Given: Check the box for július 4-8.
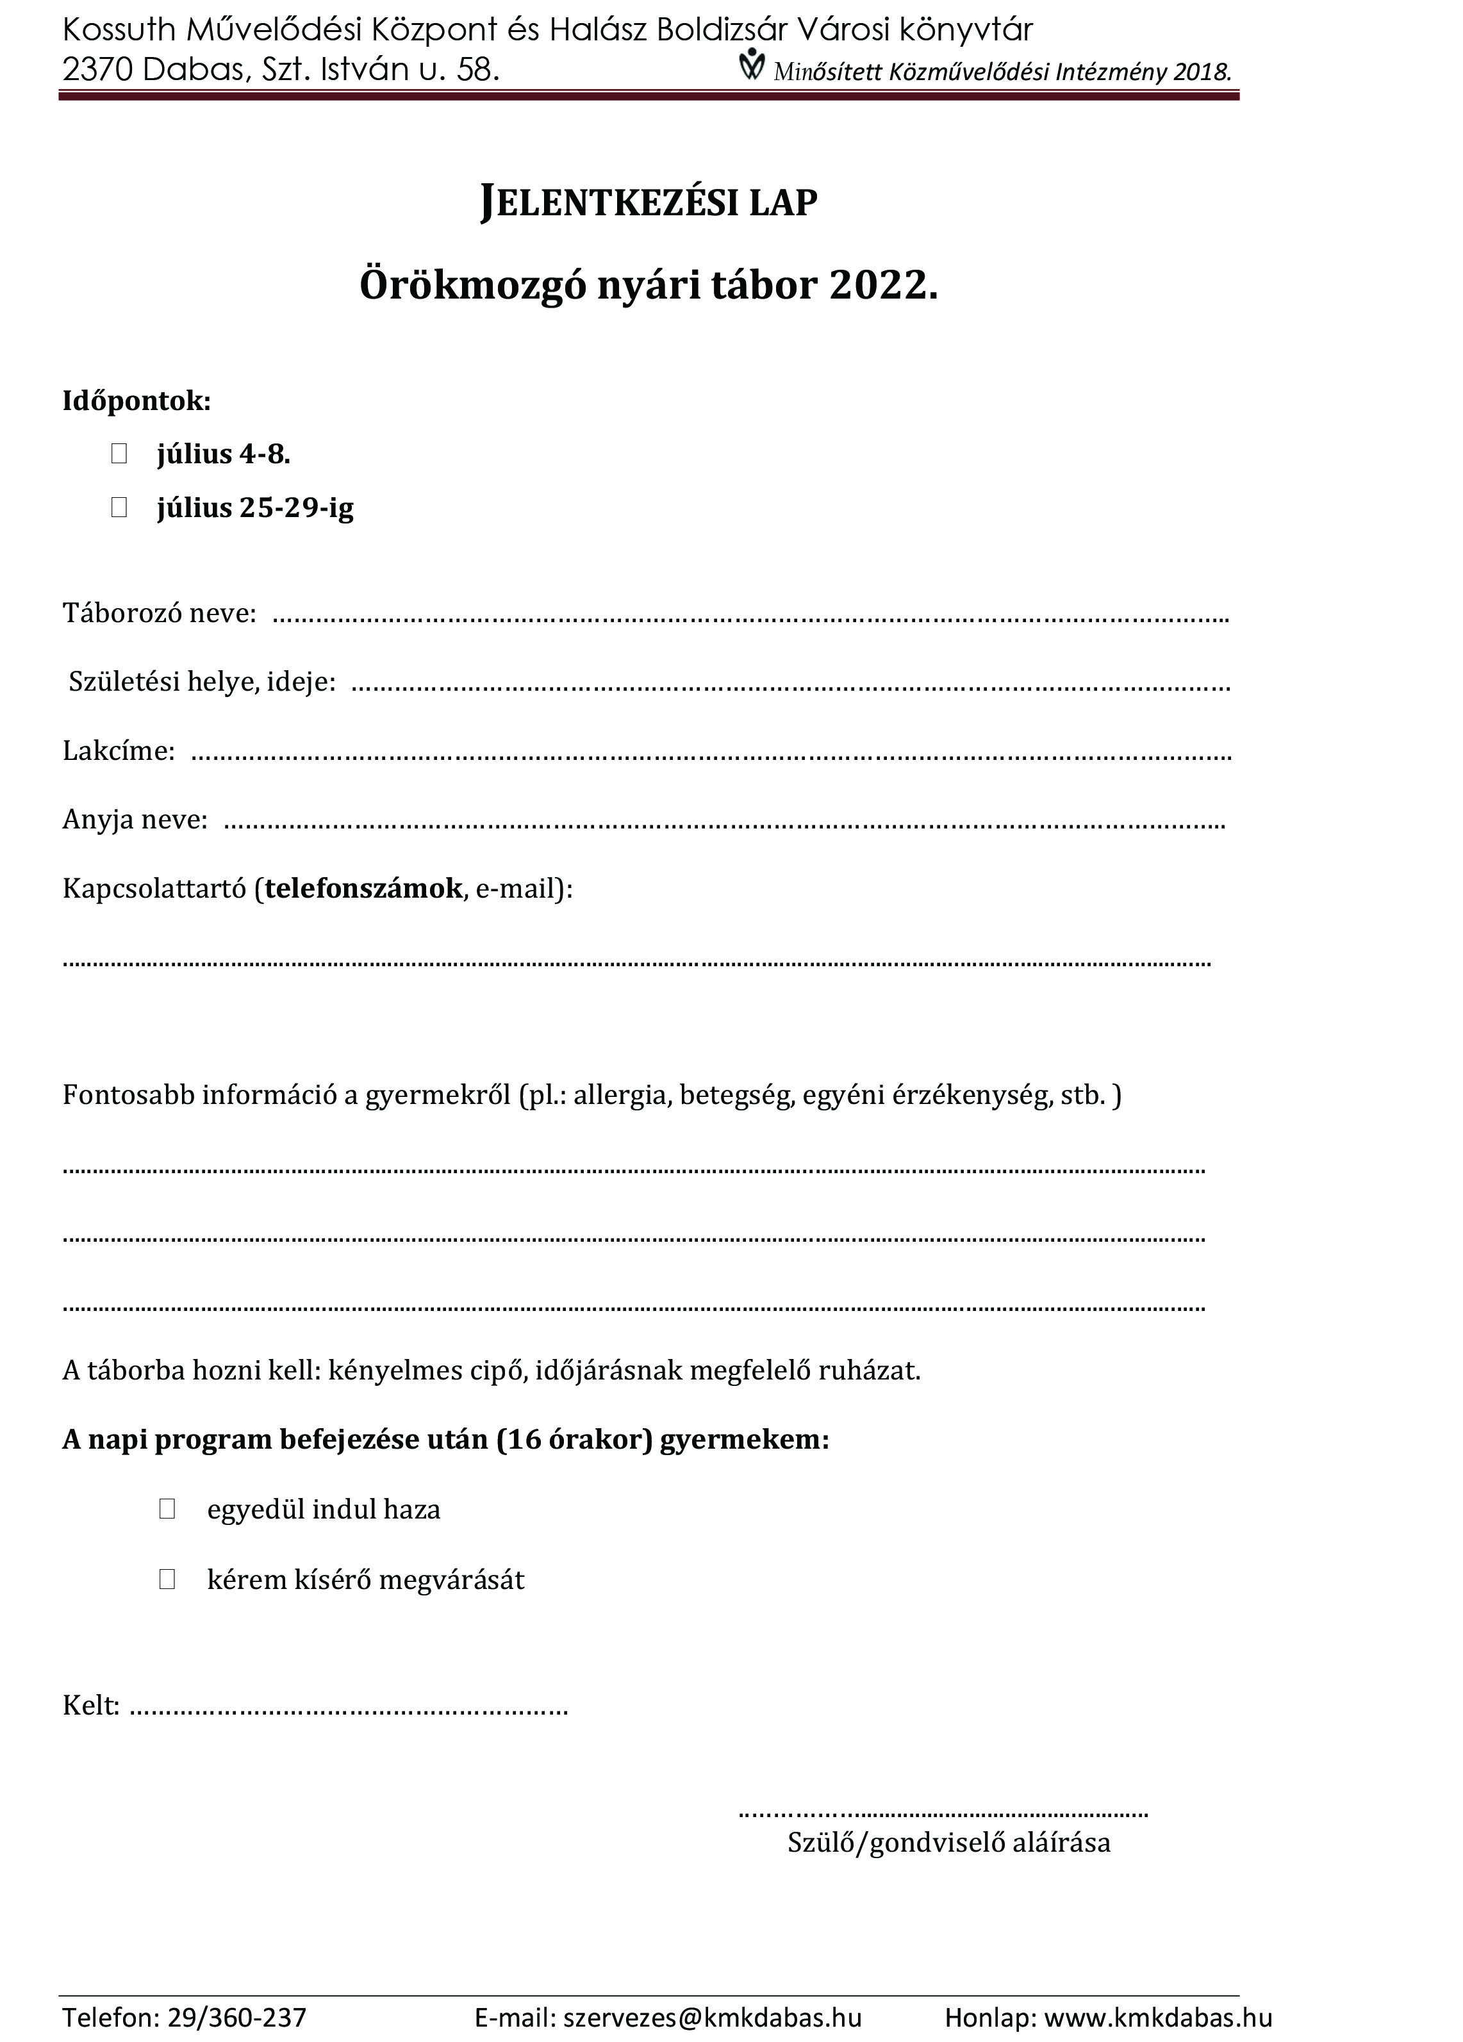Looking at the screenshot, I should pyautogui.click(x=119, y=453).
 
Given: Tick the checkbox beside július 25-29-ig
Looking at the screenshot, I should pyautogui.click(x=119, y=507).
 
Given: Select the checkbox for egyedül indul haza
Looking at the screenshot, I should pyautogui.click(x=167, y=1508).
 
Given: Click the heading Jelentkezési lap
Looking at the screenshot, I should pyautogui.click(x=649, y=202).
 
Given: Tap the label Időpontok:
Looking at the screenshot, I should pyautogui.click(x=136, y=400).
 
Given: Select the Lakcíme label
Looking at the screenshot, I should pyautogui.click(x=118, y=751).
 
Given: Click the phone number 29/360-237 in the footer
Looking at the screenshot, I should pyautogui.click(x=236, y=2017).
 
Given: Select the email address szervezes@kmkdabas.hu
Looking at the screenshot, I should pyautogui.click(x=712, y=2017).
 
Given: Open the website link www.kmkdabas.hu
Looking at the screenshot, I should pyautogui.click(x=1158, y=2017).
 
